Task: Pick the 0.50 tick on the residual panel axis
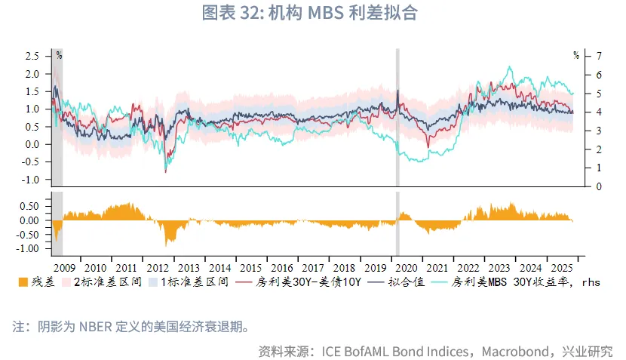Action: click(x=28, y=206)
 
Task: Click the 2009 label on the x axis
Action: click(x=65, y=268)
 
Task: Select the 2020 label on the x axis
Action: click(x=407, y=268)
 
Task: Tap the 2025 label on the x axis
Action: click(x=562, y=268)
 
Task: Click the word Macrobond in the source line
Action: click(x=514, y=351)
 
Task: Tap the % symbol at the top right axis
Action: click(x=575, y=55)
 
